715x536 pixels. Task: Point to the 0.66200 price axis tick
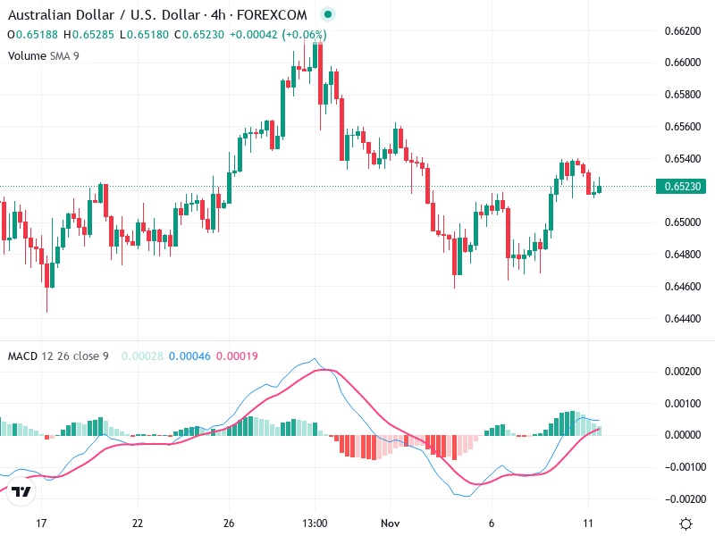pos(682,30)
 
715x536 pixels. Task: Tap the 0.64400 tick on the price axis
pos(682,318)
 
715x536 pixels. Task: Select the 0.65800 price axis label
pos(682,94)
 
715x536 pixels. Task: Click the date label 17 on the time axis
pos(40,523)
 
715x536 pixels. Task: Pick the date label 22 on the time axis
pos(138,523)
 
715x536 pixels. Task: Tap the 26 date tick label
pos(229,523)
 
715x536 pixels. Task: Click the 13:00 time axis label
pos(315,523)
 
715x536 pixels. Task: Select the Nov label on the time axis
pos(390,523)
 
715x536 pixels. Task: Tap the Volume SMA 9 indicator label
pos(46,55)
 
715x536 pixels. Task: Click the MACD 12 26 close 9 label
pos(58,356)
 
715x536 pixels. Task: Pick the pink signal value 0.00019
pos(238,356)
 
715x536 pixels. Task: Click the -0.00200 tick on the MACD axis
pos(682,498)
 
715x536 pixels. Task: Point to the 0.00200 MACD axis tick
pos(682,371)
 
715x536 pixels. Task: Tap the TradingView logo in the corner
pos(21,491)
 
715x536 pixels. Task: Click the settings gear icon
pos(686,523)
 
